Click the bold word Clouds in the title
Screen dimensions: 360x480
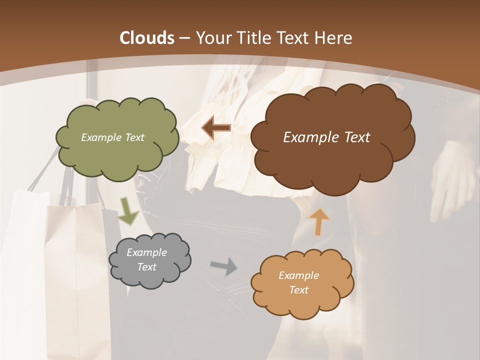click(146, 38)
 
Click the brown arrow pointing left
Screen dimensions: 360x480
click(216, 128)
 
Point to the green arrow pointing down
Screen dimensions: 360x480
click(128, 211)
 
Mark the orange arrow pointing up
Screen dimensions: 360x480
click(319, 221)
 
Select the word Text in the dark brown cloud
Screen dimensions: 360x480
click(353, 137)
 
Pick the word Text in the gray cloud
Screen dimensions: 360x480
click(146, 267)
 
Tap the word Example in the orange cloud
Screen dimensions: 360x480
click(298, 275)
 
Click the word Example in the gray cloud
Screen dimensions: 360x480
click(146, 252)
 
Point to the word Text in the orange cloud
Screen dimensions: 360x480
click(298, 290)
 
